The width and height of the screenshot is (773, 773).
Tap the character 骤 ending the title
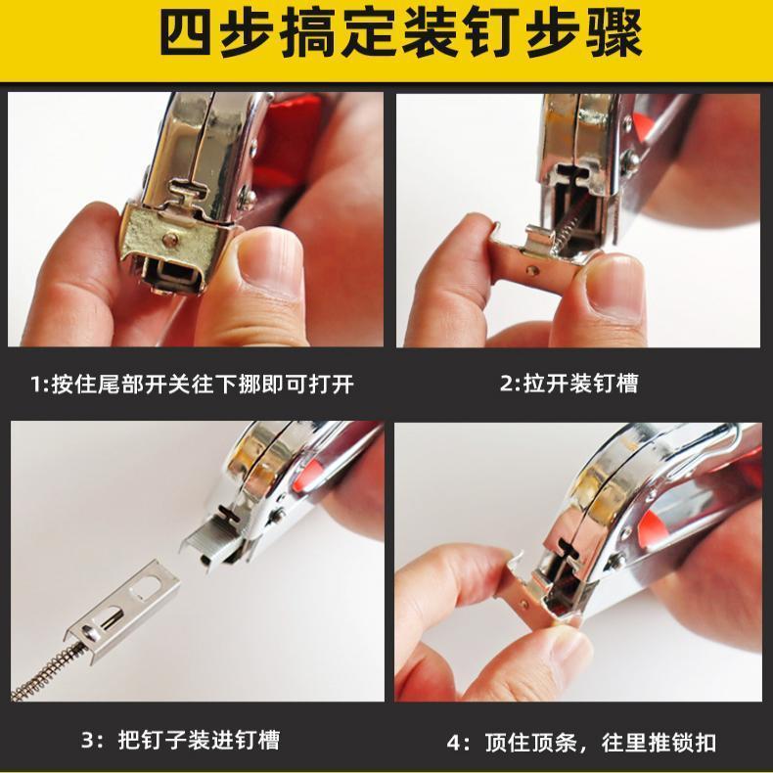614,34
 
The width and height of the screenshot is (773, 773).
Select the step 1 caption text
193,384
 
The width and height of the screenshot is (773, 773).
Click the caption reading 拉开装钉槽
569,383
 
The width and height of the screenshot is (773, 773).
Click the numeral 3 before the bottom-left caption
88,740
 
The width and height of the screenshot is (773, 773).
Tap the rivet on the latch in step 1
170,240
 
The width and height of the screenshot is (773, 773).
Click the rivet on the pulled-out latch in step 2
531,271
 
